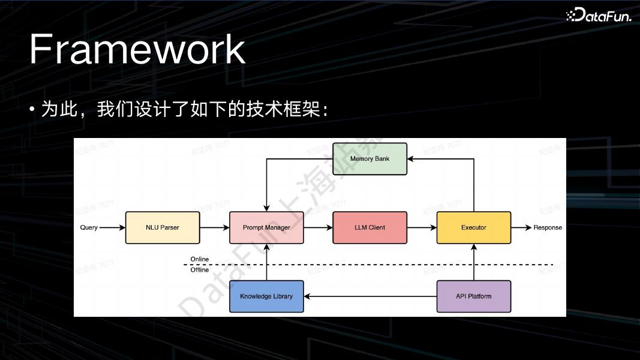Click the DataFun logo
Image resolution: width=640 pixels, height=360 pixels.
click(x=599, y=16)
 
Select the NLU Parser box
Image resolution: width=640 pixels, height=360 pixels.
click(x=162, y=228)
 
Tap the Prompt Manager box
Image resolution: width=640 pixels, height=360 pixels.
click(x=266, y=228)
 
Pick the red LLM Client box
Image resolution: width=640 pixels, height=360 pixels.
click(x=369, y=228)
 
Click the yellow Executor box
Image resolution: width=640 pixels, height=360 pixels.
click(x=473, y=228)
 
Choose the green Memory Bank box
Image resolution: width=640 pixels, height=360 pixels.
click(x=369, y=159)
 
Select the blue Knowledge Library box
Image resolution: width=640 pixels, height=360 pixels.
click(x=266, y=296)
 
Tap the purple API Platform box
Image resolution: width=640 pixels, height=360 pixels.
click(x=473, y=296)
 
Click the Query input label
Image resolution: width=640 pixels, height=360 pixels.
click(x=89, y=228)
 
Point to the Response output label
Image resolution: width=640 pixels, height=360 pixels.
click(x=548, y=228)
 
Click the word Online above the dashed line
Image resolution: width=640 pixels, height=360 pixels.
click(x=200, y=259)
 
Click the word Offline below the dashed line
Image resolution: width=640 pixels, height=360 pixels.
click(x=200, y=270)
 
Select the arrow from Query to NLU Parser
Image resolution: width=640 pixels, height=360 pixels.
click(x=112, y=228)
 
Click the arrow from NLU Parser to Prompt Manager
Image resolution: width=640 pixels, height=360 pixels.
click(x=214, y=228)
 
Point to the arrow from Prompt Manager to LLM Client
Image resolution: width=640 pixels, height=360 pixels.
click(x=318, y=228)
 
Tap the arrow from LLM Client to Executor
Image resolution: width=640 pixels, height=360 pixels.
click(x=422, y=228)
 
